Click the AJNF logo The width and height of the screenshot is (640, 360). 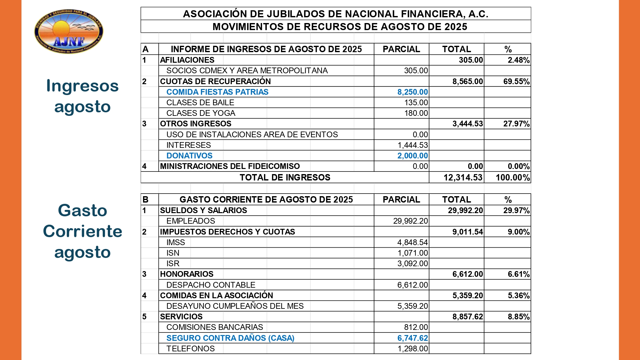click(x=69, y=31)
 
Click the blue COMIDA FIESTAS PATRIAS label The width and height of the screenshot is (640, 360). click(x=217, y=92)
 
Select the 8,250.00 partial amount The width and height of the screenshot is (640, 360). click(x=412, y=92)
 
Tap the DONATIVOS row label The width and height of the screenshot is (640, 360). click(x=189, y=156)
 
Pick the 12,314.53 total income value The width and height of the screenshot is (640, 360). click(x=463, y=178)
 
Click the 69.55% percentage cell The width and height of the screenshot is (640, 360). click(x=516, y=82)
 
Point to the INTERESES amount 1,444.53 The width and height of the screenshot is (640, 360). click(x=412, y=145)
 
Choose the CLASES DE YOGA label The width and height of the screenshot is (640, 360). click(x=201, y=113)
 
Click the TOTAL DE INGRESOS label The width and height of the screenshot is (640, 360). click(x=285, y=178)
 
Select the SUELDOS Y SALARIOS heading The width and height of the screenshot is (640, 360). click(x=204, y=211)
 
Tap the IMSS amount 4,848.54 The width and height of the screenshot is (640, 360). click(x=412, y=243)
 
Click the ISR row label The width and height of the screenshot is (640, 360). click(x=173, y=264)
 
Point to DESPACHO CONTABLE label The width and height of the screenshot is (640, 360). click(x=211, y=285)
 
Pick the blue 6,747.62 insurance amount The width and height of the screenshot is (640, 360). click(x=412, y=338)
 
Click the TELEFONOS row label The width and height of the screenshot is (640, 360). click(x=190, y=349)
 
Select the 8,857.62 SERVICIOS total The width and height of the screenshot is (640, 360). click(x=468, y=317)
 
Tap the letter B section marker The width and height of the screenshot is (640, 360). click(x=145, y=200)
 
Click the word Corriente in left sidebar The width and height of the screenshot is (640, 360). click(x=83, y=231)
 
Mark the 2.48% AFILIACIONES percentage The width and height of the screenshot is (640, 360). click(x=518, y=60)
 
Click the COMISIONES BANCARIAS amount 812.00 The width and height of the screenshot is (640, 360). click(x=416, y=327)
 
